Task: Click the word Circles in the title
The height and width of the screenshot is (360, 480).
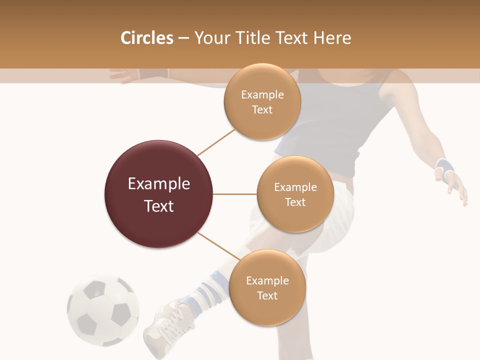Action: (146, 38)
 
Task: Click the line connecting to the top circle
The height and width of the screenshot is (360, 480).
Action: (216, 142)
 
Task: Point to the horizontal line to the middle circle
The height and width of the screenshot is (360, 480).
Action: (235, 194)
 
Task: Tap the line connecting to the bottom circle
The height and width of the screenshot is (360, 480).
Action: (218, 245)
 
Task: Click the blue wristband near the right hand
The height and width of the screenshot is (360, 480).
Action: (443, 166)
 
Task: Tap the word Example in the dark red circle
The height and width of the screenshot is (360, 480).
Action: (159, 184)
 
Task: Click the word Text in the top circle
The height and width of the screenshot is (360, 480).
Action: (262, 110)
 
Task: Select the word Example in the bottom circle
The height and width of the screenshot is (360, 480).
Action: (267, 280)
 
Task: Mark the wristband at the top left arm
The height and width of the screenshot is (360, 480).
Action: (149, 74)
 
